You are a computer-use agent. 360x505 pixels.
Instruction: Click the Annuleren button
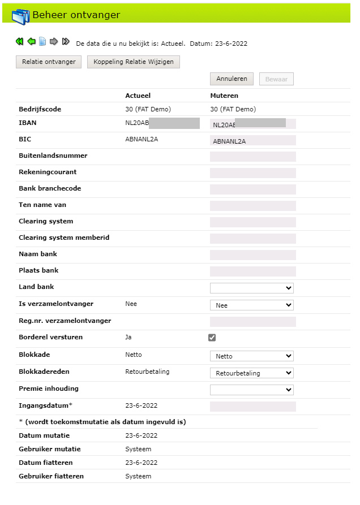(232, 79)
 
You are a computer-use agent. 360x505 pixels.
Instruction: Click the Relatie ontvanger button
(49, 62)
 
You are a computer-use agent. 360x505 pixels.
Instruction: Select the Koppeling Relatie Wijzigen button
(134, 62)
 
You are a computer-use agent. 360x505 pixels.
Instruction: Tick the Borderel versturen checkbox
(212, 338)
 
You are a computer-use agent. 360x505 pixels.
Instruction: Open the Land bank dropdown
(251, 288)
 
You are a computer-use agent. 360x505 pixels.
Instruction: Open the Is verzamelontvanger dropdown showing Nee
(251, 305)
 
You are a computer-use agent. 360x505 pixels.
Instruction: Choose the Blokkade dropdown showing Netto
(251, 356)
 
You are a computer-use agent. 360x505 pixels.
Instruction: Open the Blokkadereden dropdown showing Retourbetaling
(251, 373)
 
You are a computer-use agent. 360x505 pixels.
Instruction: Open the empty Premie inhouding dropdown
(251, 390)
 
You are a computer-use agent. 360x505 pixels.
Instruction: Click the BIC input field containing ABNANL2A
(252, 141)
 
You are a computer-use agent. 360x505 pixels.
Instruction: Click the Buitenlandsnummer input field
(252, 157)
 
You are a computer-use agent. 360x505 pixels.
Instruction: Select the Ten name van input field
(252, 206)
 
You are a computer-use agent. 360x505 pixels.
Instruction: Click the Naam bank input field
(252, 255)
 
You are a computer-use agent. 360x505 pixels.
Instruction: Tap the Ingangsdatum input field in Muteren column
(252, 406)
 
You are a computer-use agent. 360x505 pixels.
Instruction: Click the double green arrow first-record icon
(19, 41)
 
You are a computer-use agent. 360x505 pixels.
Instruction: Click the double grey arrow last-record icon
(66, 41)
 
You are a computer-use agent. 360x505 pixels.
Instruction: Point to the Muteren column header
(224, 96)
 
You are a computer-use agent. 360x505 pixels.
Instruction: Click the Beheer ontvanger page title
(76, 15)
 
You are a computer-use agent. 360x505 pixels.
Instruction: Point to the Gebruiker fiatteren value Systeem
(138, 476)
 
